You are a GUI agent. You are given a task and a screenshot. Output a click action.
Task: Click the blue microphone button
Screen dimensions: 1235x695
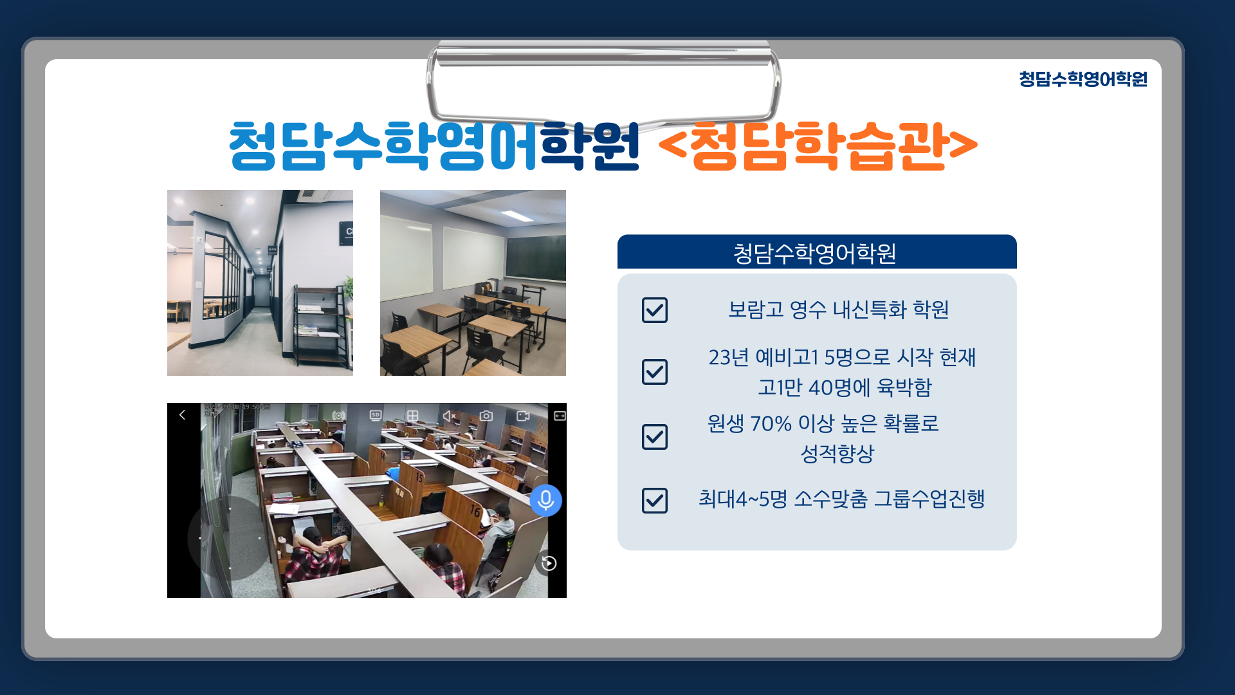click(546, 500)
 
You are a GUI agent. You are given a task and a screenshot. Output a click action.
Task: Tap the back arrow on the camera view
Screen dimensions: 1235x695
click(182, 415)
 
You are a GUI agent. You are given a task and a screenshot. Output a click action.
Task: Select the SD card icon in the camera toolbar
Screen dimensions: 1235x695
click(376, 416)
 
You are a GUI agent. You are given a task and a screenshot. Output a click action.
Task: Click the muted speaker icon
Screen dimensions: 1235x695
click(450, 416)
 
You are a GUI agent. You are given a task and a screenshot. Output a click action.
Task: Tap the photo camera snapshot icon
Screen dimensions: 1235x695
click(486, 416)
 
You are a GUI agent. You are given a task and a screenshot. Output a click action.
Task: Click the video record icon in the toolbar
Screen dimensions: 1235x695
click(523, 416)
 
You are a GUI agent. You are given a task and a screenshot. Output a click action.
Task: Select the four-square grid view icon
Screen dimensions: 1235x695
click(413, 416)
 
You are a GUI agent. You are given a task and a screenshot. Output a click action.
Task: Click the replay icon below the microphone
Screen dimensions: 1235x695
click(549, 564)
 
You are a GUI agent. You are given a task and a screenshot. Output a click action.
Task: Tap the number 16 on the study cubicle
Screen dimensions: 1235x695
click(475, 511)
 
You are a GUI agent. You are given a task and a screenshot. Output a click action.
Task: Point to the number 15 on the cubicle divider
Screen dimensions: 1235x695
click(419, 477)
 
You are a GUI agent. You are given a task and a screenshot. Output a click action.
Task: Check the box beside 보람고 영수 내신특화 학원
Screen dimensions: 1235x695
click(655, 310)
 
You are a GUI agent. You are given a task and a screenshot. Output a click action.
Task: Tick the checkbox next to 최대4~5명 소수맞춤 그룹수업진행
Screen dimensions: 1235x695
click(655, 501)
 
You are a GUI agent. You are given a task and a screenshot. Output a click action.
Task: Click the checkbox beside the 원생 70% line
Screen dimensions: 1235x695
click(655, 437)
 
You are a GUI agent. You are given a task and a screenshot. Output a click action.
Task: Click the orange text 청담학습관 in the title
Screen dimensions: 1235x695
click(818, 146)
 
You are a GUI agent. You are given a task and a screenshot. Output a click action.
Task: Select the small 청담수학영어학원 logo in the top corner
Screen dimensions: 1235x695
click(1083, 79)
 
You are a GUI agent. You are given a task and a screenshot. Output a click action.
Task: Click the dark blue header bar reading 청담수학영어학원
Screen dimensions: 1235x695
click(817, 252)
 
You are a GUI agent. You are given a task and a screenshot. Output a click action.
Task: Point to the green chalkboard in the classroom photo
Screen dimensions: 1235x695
click(535, 257)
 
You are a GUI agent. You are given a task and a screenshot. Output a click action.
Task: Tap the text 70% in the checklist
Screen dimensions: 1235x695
click(771, 424)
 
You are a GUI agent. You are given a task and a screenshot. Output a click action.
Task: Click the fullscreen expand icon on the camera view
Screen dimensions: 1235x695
click(560, 416)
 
